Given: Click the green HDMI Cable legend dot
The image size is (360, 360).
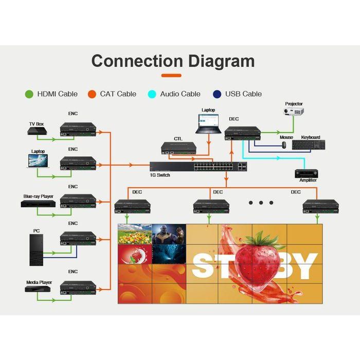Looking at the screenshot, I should pos(29,94).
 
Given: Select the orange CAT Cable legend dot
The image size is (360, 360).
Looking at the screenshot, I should pos(92,94).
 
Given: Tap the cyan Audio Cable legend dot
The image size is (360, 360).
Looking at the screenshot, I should pos(152,94).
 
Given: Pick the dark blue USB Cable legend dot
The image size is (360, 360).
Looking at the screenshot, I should pos(217,94).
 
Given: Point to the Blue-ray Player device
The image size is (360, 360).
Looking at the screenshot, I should pos(38,204).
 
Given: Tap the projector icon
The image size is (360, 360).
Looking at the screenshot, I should pos(294,111).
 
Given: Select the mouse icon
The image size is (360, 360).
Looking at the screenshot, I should pos(283,145).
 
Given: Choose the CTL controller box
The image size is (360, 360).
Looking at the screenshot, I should pos(178,148).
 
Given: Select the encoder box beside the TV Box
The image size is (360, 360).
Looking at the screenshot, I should pos(78,130).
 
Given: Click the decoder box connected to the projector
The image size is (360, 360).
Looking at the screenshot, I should pos(242,133).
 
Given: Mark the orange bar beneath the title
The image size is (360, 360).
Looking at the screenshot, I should pos(171,76).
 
